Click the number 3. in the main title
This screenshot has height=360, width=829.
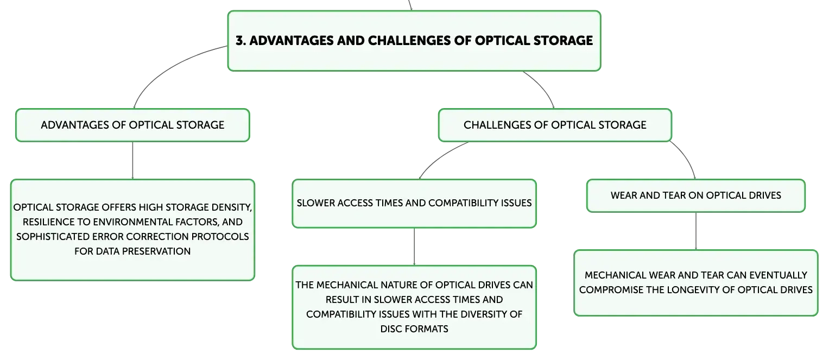[x=241, y=41]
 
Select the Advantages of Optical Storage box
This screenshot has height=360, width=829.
[x=132, y=125]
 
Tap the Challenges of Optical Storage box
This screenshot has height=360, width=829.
[x=555, y=125]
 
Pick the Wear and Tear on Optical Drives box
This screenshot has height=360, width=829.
[x=696, y=195]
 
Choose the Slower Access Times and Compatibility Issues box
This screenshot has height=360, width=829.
[x=414, y=204]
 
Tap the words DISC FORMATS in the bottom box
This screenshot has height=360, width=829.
[x=414, y=329]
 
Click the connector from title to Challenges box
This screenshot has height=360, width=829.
[x=542, y=86]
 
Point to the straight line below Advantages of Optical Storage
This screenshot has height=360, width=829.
[x=132, y=161]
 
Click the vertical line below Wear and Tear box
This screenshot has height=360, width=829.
[x=696, y=231]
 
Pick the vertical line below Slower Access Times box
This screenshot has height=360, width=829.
[x=414, y=247]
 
